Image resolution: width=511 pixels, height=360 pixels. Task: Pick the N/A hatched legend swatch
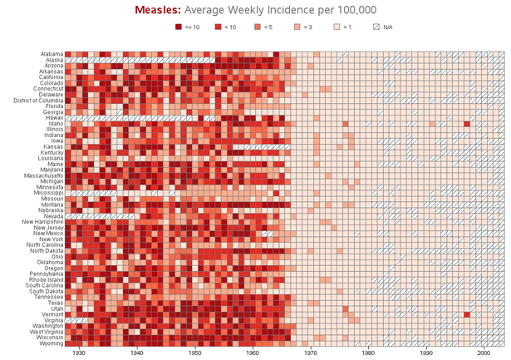tap(376, 27)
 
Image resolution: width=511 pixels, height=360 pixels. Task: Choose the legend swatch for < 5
tap(257, 27)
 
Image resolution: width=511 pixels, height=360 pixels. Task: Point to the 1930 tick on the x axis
tap(79, 353)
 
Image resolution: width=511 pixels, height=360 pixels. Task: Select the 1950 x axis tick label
tap(194, 353)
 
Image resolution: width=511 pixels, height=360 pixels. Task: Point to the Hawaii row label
tap(53, 118)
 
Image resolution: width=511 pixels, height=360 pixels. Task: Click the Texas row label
tap(55, 303)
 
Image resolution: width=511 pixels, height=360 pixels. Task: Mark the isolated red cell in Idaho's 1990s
tap(467, 124)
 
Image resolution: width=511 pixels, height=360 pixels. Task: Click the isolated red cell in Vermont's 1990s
tap(467, 314)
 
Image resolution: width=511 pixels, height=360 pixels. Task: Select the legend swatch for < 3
tap(297, 27)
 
